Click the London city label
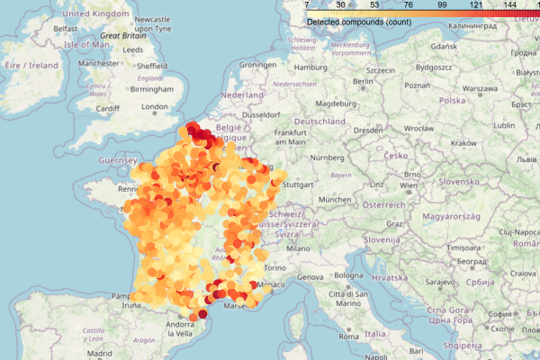[x=155, y=107]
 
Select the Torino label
[x=274, y=268]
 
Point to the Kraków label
[x=463, y=143]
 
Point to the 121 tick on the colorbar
[x=476, y=6]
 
